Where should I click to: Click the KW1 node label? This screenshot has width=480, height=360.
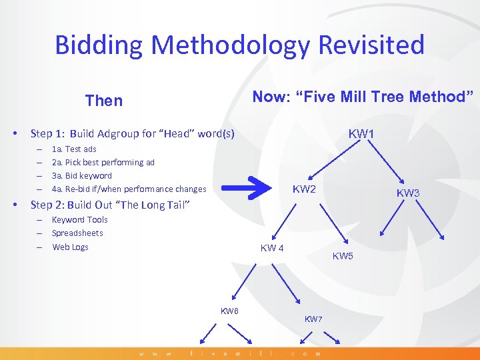point(361,134)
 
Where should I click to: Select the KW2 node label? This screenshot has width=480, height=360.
point(305,189)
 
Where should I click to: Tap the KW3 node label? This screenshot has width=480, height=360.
point(408,193)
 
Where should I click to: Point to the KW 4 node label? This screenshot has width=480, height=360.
point(272,249)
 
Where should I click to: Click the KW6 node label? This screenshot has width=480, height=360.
point(230,311)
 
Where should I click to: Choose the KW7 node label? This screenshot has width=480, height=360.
point(313,319)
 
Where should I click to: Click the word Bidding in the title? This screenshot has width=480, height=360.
point(99,45)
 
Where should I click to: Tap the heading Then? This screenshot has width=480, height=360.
point(104,101)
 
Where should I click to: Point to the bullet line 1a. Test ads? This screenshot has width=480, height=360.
point(74,149)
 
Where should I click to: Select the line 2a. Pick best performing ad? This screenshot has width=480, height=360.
point(103,163)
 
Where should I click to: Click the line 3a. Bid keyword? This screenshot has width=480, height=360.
point(82,176)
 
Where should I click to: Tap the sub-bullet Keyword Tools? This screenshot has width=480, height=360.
point(79,220)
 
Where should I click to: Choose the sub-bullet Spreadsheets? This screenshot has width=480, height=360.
point(77,233)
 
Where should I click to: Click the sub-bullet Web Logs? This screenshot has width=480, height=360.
point(70,247)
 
